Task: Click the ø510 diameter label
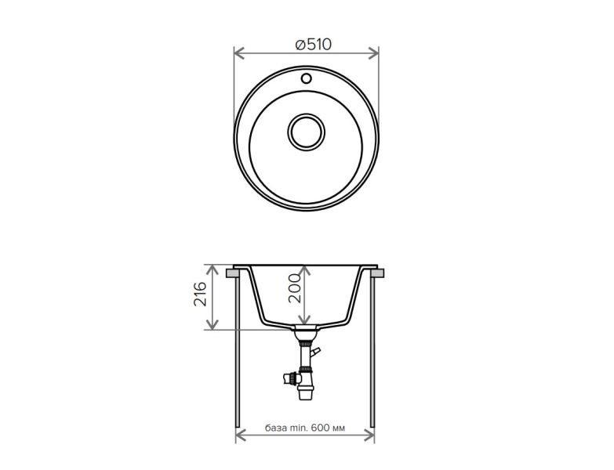tap(313, 45)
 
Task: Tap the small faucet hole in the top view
tap(307, 78)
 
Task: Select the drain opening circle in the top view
tap(307, 132)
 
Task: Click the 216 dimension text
tap(200, 294)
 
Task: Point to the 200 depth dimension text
tap(295, 288)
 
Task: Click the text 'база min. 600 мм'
tap(305, 428)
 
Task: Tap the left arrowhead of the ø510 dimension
tap(239, 52)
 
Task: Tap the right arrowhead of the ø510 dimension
tap(373, 52)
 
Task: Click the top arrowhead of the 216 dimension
tap(213, 269)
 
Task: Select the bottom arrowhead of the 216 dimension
tap(213, 324)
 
